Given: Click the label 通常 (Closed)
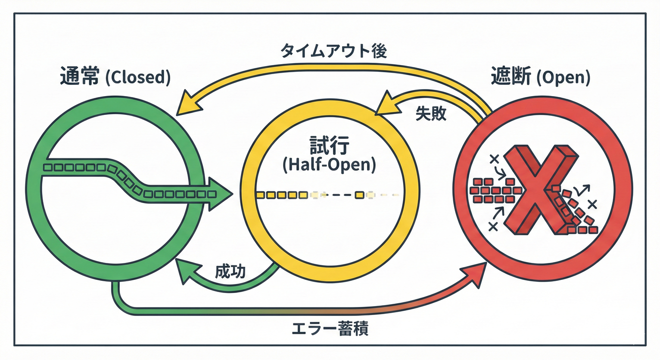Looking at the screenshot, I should coord(115,77).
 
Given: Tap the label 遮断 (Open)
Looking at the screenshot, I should coord(540,77).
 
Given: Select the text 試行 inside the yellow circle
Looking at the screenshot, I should coord(330,146).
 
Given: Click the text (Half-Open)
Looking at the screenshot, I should coord(330,165).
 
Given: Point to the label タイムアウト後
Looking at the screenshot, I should coord(333,51).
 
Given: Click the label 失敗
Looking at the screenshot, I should coord(431,114).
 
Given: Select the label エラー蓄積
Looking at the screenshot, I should coord(330,329).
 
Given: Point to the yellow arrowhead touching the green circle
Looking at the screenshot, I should coord(187,105).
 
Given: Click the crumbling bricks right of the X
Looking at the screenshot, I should coord(577,211).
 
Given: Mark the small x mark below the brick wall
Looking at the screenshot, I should coord(493,227).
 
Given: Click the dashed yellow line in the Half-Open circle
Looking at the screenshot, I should coord(328,195).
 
